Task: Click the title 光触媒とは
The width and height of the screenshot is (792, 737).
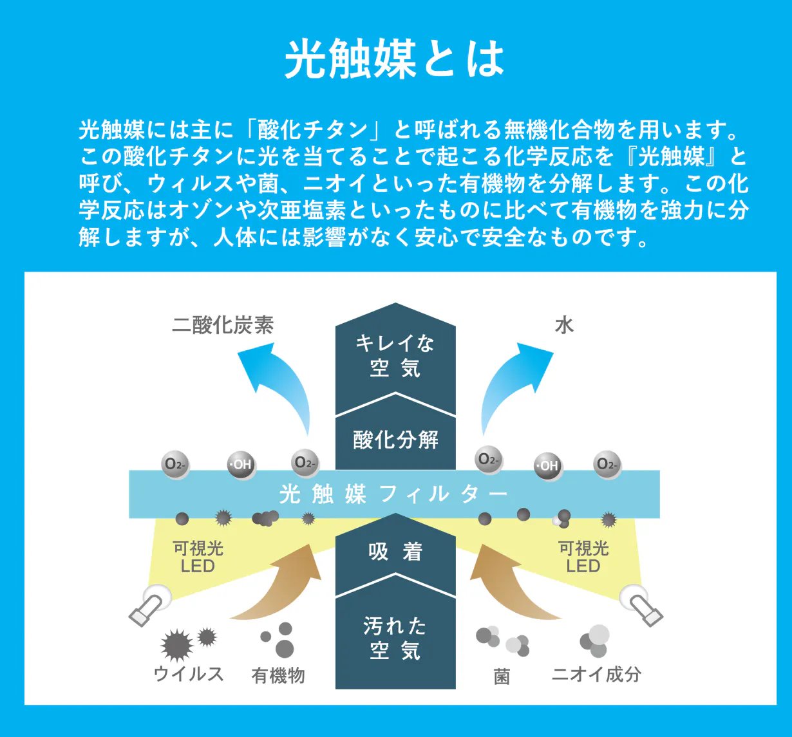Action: [395, 59]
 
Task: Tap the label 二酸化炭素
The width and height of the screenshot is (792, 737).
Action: [223, 325]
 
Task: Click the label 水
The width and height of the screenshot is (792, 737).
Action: [564, 325]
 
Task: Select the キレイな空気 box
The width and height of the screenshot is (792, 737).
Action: [395, 356]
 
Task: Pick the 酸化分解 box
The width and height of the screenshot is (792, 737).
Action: [395, 440]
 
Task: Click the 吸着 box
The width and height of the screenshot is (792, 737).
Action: [395, 552]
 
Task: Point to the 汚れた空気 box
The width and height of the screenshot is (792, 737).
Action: [395, 639]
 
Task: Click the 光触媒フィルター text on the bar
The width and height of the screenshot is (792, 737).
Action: [394, 494]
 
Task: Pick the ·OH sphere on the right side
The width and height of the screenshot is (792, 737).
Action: [548, 465]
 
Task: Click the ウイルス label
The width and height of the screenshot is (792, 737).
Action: [188, 674]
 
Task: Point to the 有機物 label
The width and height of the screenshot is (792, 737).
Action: [278, 675]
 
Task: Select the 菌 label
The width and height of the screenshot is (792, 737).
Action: [502, 676]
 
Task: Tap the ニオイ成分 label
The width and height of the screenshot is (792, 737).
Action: [596, 674]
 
